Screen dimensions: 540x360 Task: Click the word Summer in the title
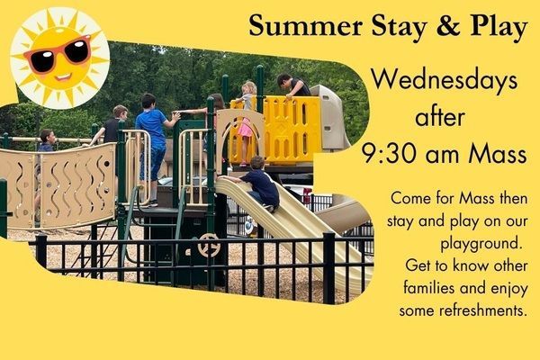(x=305, y=26)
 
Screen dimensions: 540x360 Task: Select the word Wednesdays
(x=445, y=81)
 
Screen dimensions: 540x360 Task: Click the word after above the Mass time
(x=440, y=116)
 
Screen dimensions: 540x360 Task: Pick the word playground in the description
(x=480, y=244)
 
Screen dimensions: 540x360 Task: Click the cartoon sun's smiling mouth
(x=63, y=76)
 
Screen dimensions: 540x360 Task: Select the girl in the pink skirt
(x=247, y=122)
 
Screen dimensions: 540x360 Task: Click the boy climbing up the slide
(x=256, y=183)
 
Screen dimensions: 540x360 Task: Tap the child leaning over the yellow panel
(x=293, y=85)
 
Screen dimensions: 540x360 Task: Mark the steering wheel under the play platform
(x=209, y=246)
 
